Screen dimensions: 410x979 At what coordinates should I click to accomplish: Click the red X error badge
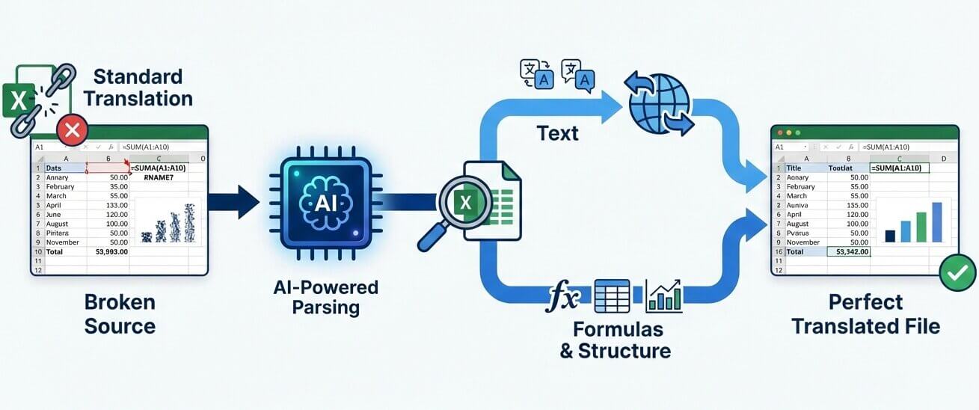pyautogui.click(x=72, y=131)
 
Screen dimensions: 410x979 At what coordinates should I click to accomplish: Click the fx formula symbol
pyautogui.click(x=562, y=296)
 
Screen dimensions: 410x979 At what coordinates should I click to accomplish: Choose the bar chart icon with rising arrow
pyautogui.click(x=663, y=296)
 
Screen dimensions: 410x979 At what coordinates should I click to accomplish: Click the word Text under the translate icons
pyautogui.click(x=557, y=133)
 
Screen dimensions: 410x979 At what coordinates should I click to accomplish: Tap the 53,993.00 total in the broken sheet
pyautogui.click(x=111, y=252)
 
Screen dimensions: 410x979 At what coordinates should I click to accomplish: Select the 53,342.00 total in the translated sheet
pyautogui.click(x=851, y=252)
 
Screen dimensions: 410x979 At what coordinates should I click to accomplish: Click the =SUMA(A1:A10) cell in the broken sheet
pyautogui.click(x=158, y=168)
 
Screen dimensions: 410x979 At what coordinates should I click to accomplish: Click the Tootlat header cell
pyautogui.click(x=841, y=168)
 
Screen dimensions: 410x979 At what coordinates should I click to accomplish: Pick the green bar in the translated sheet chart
pyautogui.click(x=921, y=227)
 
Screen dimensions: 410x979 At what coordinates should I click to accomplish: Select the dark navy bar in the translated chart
pyautogui.click(x=890, y=236)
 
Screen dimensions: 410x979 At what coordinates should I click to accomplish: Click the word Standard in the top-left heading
pyautogui.click(x=138, y=76)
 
